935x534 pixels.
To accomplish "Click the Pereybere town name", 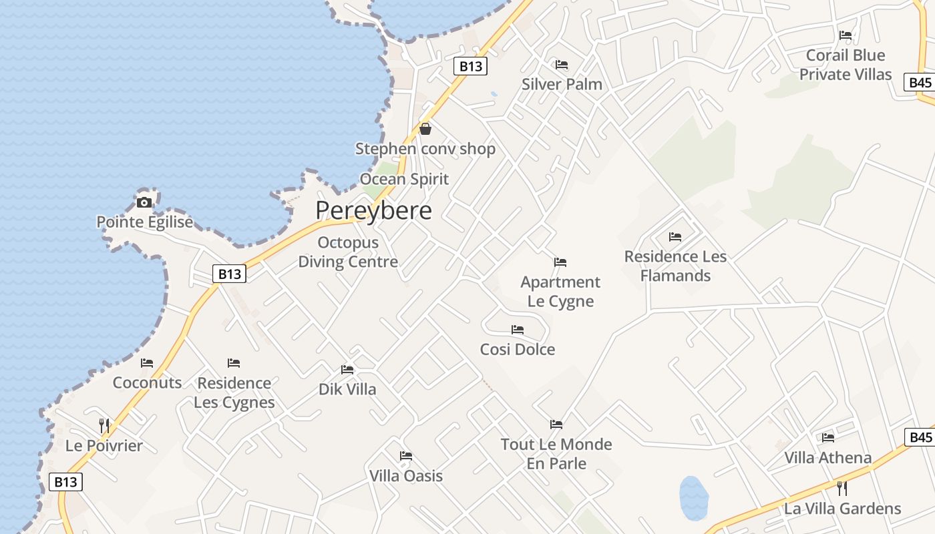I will [x=373, y=210].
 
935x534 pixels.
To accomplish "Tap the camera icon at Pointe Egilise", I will [x=144, y=202].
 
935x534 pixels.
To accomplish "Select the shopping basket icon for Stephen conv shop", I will [x=425, y=129].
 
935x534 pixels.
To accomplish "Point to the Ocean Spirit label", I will [x=404, y=179].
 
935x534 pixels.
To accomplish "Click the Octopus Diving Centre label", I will [x=348, y=252].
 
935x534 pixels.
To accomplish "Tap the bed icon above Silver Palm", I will [x=562, y=65].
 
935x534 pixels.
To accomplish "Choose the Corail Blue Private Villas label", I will [x=846, y=65].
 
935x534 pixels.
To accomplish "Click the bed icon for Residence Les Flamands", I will [x=675, y=237].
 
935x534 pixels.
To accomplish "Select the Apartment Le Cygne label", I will [x=560, y=292].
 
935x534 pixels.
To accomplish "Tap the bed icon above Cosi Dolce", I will [x=518, y=330].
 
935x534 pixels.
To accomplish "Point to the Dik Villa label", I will [x=347, y=389].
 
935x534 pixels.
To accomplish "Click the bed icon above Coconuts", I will [x=147, y=363].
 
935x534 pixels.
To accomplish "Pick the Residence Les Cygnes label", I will [x=234, y=392].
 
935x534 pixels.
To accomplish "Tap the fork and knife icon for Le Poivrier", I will [x=104, y=425].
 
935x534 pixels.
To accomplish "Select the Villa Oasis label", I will [x=406, y=476].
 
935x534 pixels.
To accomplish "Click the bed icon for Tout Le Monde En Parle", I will [x=556, y=425].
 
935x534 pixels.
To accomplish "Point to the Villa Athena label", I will [x=827, y=457].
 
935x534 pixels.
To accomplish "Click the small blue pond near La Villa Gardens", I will [x=693, y=498].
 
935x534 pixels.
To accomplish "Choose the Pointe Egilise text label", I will [x=144, y=222].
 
